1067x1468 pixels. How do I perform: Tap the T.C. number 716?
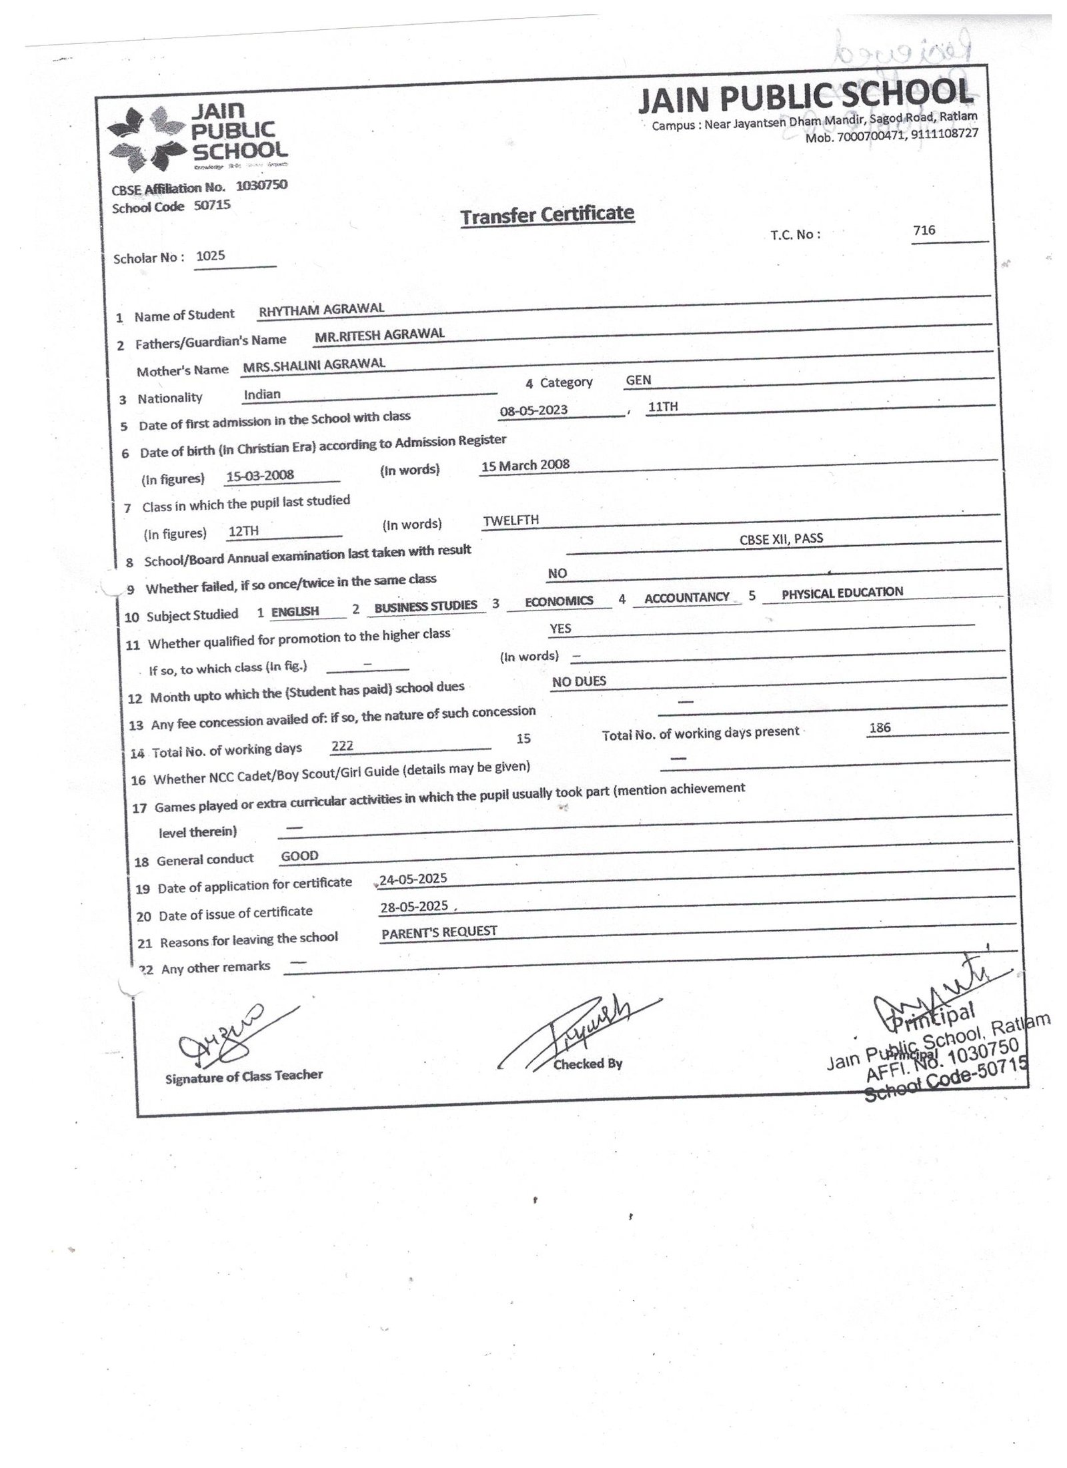pyautogui.click(x=924, y=230)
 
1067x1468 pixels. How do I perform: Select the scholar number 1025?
pyautogui.click(x=211, y=256)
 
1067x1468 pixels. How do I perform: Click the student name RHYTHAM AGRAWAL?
pyautogui.click(x=321, y=309)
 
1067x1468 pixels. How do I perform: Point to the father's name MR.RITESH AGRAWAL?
pyautogui.click(x=379, y=335)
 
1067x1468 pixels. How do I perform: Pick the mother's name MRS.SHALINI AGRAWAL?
pyautogui.click(x=314, y=364)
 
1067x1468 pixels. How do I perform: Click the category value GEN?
pyautogui.click(x=638, y=380)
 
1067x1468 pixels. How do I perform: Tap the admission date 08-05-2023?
pyautogui.click(x=533, y=410)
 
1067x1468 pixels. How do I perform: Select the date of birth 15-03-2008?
pyautogui.click(x=260, y=476)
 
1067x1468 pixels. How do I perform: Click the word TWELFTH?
pyautogui.click(x=511, y=520)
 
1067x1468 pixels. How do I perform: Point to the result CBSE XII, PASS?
pyautogui.click(x=781, y=538)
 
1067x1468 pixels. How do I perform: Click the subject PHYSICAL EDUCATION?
pyautogui.click(x=842, y=592)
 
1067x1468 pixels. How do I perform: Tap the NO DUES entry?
pyautogui.click(x=579, y=681)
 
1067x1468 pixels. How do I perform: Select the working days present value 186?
pyautogui.click(x=880, y=727)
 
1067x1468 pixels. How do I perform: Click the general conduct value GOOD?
pyautogui.click(x=299, y=855)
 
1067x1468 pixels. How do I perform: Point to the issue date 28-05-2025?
pyautogui.click(x=413, y=906)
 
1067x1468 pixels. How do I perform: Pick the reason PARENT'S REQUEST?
pyautogui.click(x=439, y=932)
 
